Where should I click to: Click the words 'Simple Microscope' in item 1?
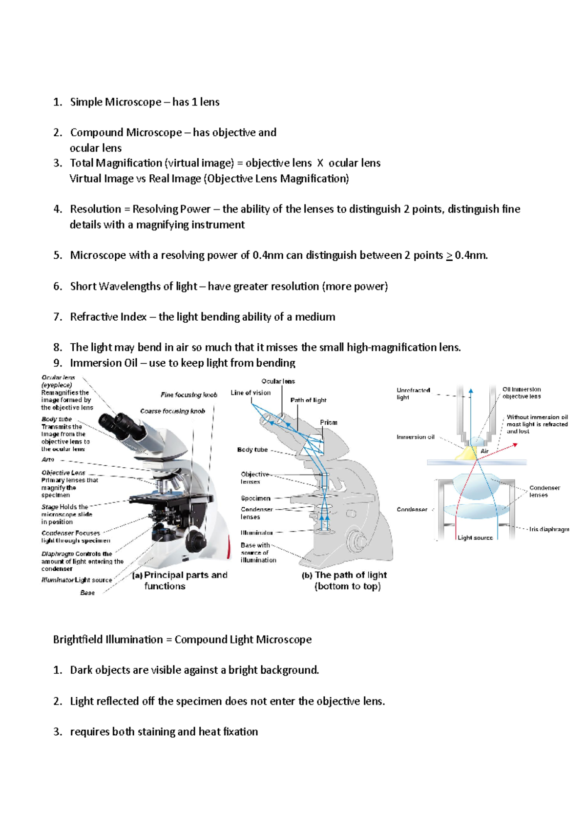(x=116, y=102)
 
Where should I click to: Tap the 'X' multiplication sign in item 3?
(x=320, y=164)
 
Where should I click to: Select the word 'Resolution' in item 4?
(x=96, y=209)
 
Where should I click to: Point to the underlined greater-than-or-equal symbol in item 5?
(x=449, y=255)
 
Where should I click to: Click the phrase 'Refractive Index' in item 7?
(x=108, y=317)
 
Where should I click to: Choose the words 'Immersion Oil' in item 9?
(x=104, y=363)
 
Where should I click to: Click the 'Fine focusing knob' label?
(x=189, y=395)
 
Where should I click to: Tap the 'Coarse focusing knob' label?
(x=172, y=411)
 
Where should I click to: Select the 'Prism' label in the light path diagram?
(x=329, y=422)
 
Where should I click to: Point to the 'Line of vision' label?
(x=251, y=393)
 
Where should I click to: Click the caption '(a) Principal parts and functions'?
(x=181, y=580)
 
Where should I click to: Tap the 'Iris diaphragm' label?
(x=549, y=529)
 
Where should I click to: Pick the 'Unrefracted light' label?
(x=413, y=394)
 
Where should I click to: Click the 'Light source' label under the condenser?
(x=475, y=538)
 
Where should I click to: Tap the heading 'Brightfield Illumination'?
(x=108, y=640)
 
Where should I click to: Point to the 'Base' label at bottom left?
(x=87, y=593)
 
